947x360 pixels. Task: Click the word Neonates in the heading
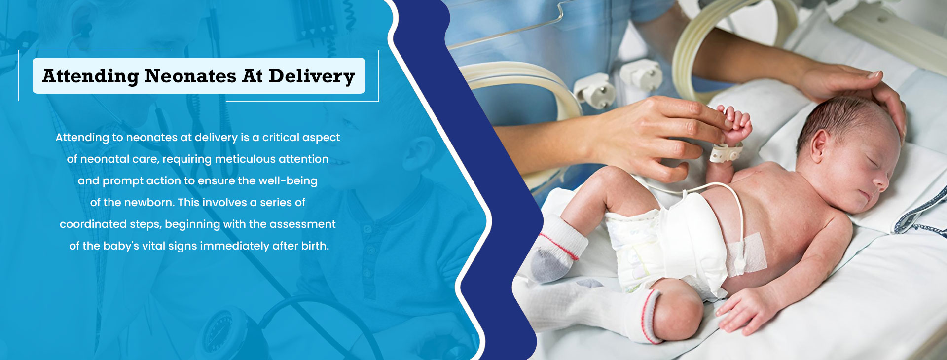(x=190, y=76)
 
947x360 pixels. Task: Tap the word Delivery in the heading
(x=312, y=76)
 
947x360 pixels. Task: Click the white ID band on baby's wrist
(x=726, y=152)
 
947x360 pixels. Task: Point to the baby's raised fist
(x=735, y=123)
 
